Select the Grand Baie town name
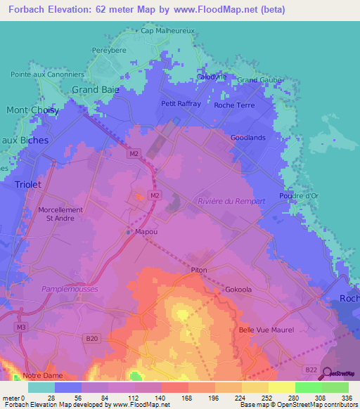pos(96,89)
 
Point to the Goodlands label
pos(248,138)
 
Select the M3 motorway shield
pos(22,327)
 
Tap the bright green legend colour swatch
pos(309,387)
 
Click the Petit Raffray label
pos(181,103)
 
